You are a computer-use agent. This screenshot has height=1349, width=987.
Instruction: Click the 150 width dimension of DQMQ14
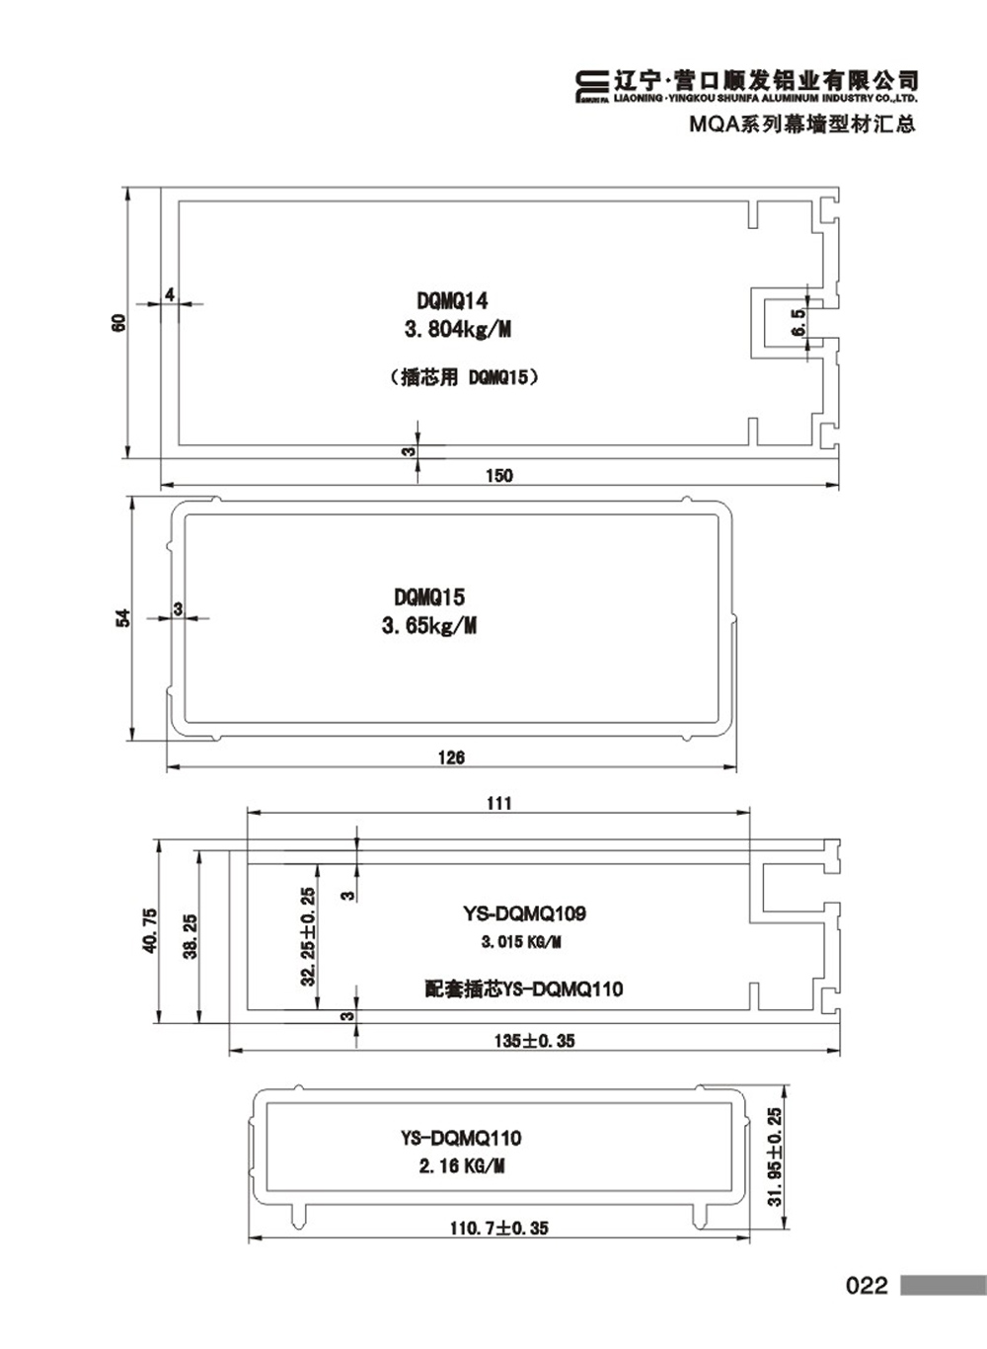pos(499,476)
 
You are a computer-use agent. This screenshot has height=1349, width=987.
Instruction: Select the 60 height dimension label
pos(119,323)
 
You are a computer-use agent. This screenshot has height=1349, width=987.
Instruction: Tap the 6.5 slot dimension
pos(798,322)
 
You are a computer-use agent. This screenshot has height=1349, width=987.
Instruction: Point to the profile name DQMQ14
pos(453,300)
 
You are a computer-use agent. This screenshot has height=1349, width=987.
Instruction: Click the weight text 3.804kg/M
pos(458,330)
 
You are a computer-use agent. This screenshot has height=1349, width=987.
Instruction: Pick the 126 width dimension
pos(451,757)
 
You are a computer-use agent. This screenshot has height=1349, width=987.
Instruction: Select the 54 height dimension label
pos(122,618)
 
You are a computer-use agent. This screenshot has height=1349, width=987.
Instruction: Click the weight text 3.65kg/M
pos(429,626)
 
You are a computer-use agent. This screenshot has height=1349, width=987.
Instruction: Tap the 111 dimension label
pos(499,803)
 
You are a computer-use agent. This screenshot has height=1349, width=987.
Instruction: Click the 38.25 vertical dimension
pos(190,936)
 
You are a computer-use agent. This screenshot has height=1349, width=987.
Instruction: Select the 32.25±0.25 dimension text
pos(308,936)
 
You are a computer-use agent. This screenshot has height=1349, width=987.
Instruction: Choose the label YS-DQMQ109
pos(524,913)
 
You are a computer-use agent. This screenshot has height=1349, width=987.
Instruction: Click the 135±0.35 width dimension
pos(534,1040)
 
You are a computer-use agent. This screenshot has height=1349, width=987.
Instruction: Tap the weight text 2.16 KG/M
pos(462,1166)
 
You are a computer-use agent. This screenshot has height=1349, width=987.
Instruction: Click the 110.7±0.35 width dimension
pos(499,1228)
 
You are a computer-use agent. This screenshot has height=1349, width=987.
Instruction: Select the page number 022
pos(868,1286)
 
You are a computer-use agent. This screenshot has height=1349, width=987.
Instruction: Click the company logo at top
pos(591,88)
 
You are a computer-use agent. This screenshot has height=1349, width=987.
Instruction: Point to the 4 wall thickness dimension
pos(170,294)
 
